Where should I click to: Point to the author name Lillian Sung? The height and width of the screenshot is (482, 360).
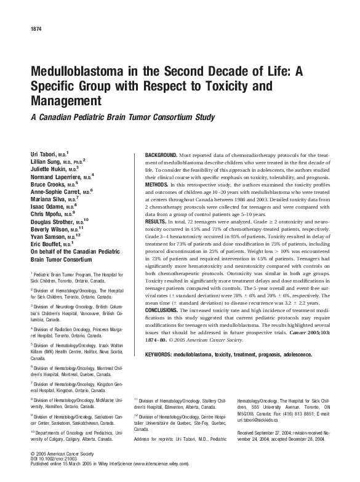coord(46,159)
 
